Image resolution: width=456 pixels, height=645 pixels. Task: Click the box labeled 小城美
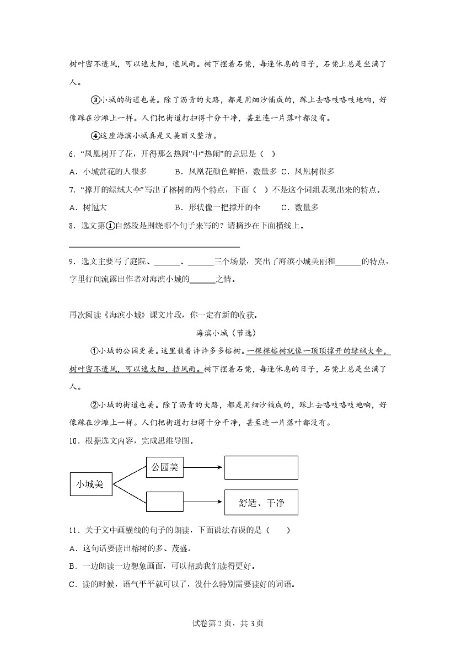(x=90, y=484)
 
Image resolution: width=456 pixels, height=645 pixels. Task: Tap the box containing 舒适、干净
(x=261, y=503)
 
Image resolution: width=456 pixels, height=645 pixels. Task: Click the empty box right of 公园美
(x=261, y=467)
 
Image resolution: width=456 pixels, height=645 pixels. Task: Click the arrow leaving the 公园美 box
(x=203, y=468)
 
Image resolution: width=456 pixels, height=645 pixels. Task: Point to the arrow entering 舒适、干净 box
(x=203, y=502)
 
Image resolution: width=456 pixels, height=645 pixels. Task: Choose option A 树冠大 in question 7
(x=88, y=207)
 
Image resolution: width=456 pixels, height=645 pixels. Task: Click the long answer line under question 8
(x=155, y=246)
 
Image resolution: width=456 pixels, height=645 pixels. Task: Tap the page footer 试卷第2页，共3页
(x=228, y=623)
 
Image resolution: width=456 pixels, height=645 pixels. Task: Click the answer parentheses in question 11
(x=278, y=531)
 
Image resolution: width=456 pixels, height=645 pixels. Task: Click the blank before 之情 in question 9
(x=202, y=279)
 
